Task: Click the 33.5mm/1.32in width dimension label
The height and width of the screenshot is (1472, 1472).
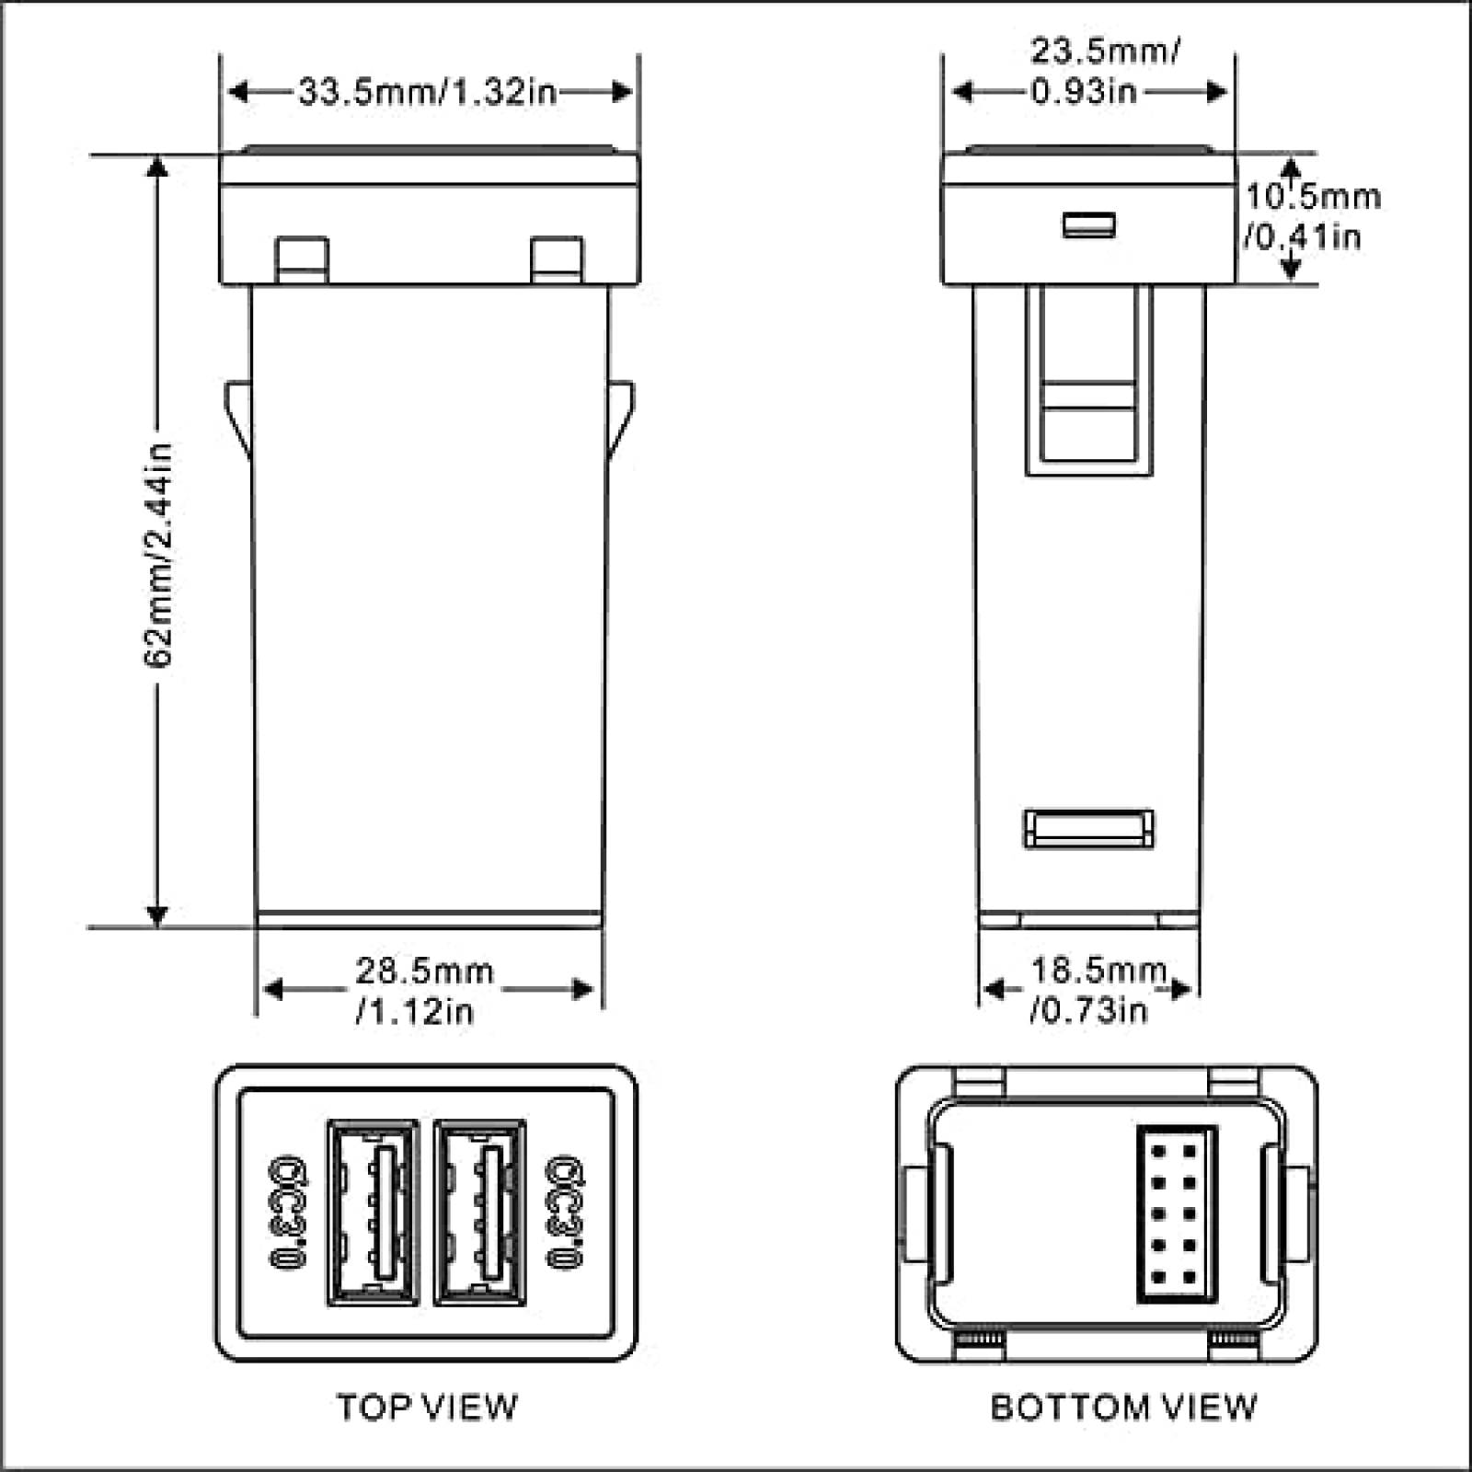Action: (428, 92)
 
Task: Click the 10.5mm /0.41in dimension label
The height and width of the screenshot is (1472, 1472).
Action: (1310, 217)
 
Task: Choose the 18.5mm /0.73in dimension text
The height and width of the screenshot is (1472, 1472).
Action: (1095, 990)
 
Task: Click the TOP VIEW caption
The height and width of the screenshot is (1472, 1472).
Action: (427, 1407)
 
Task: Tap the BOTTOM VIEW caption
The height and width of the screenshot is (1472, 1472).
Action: (1122, 1407)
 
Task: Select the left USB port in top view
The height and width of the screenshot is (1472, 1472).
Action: (373, 1212)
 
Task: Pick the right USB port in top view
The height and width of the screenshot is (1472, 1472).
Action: (479, 1212)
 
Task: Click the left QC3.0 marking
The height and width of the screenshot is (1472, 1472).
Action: (288, 1213)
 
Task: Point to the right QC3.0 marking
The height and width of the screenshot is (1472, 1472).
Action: (565, 1213)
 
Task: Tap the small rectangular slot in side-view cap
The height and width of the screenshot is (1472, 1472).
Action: (1088, 224)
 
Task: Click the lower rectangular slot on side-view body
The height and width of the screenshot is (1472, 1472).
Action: (1088, 828)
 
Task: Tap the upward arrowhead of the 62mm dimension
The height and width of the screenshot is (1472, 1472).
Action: (158, 166)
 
